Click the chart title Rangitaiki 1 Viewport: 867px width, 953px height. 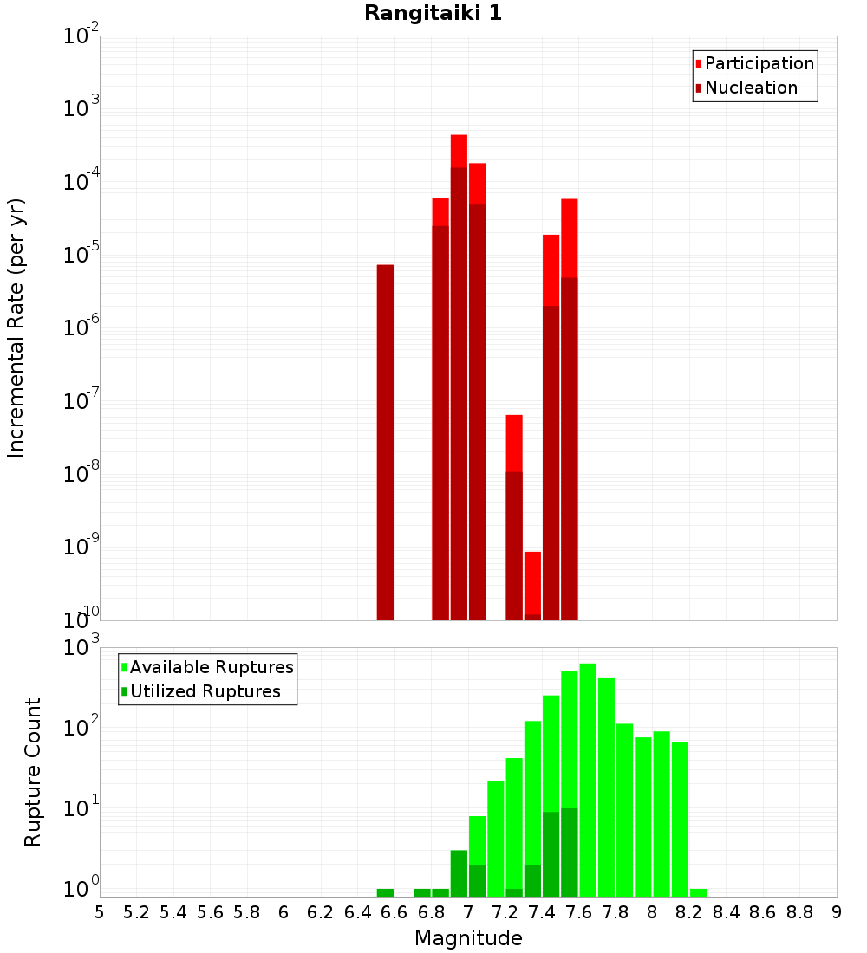[433, 13]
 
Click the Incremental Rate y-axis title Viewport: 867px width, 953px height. [16, 327]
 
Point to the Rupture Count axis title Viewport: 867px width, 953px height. [33, 771]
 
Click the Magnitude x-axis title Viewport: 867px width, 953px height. [468, 937]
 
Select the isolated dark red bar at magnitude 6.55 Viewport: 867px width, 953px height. [385, 442]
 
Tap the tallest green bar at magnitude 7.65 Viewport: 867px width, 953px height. [588, 780]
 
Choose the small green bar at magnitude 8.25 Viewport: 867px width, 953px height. [698, 892]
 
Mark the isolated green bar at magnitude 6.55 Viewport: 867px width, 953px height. [385, 892]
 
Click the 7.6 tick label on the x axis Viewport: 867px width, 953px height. [579, 911]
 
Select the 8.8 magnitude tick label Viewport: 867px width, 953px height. [800, 911]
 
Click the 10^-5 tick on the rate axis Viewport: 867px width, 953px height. [83, 255]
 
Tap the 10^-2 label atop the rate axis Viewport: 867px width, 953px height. [83, 36]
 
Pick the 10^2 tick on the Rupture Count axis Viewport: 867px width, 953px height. [83, 726]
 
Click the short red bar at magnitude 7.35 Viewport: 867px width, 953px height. [532, 585]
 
